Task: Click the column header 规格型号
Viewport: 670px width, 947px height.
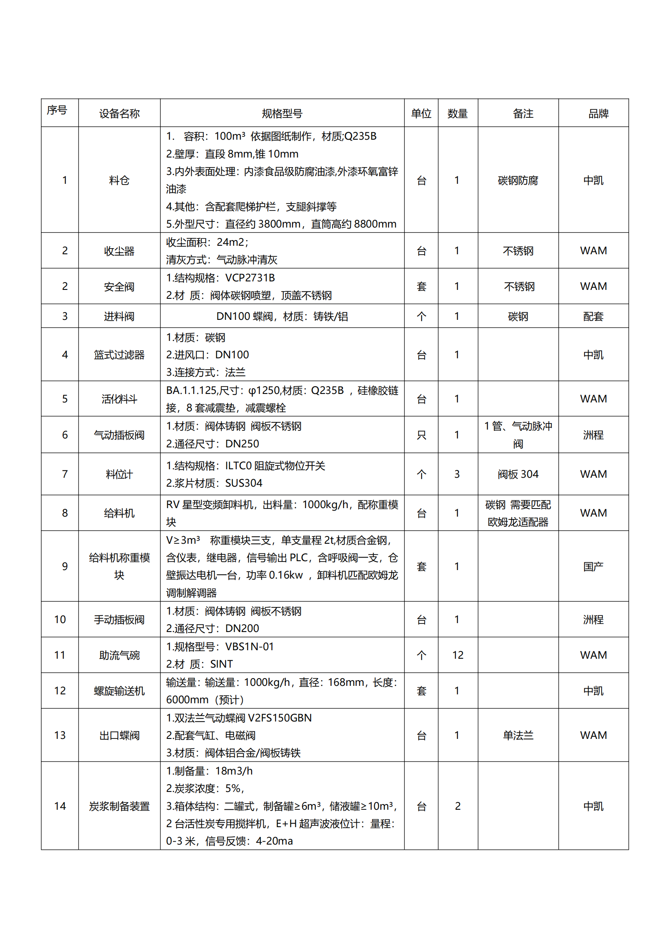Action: coord(282,113)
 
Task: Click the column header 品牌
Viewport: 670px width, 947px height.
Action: coord(598,113)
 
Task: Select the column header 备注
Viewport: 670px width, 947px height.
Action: coord(523,113)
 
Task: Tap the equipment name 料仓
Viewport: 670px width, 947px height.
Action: coord(119,180)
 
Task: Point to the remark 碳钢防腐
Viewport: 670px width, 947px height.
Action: coord(518,180)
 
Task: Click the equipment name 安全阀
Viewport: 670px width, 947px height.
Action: coord(119,287)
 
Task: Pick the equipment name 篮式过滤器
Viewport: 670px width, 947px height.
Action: coord(119,355)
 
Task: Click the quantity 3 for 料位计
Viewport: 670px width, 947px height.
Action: coord(457,475)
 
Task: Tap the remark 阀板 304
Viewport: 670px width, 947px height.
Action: coord(518,475)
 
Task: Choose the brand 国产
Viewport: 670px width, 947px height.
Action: coord(593,567)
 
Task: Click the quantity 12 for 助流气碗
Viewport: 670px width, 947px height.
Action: coord(457,655)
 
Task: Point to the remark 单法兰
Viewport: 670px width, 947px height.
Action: coord(518,735)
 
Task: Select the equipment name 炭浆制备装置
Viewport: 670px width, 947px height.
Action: coord(119,806)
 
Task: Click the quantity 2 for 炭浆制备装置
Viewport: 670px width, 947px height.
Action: coord(457,806)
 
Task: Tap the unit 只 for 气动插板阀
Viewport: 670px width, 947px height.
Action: coord(421,435)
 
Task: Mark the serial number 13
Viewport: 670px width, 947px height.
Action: coord(60,735)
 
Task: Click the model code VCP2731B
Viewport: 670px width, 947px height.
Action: coord(250,278)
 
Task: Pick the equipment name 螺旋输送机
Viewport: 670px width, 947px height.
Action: coord(119,691)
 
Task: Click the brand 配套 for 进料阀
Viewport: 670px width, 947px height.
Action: coord(593,316)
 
